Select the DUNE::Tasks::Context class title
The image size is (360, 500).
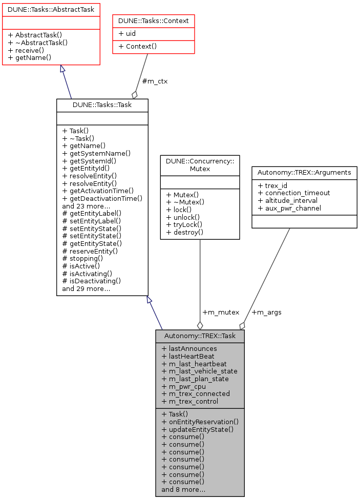(154, 20)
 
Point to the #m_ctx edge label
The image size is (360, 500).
(155, 81)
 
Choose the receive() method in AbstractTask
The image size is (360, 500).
(27, 50)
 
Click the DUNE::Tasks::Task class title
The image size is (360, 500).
(102, 105)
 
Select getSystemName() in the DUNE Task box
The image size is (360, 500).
(96, 153)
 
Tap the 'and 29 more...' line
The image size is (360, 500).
(86, 289)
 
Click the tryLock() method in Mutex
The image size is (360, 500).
(184, 224)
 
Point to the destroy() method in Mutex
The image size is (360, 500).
(185, 232)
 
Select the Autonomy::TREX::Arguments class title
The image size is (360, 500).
(304, 173)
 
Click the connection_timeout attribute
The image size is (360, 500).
(294, 193)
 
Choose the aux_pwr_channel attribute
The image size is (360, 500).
(289, 209)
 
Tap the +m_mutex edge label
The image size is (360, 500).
(220, 312)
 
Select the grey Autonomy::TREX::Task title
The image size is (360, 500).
(200, 336)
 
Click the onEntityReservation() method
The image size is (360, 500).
(200, 422)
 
